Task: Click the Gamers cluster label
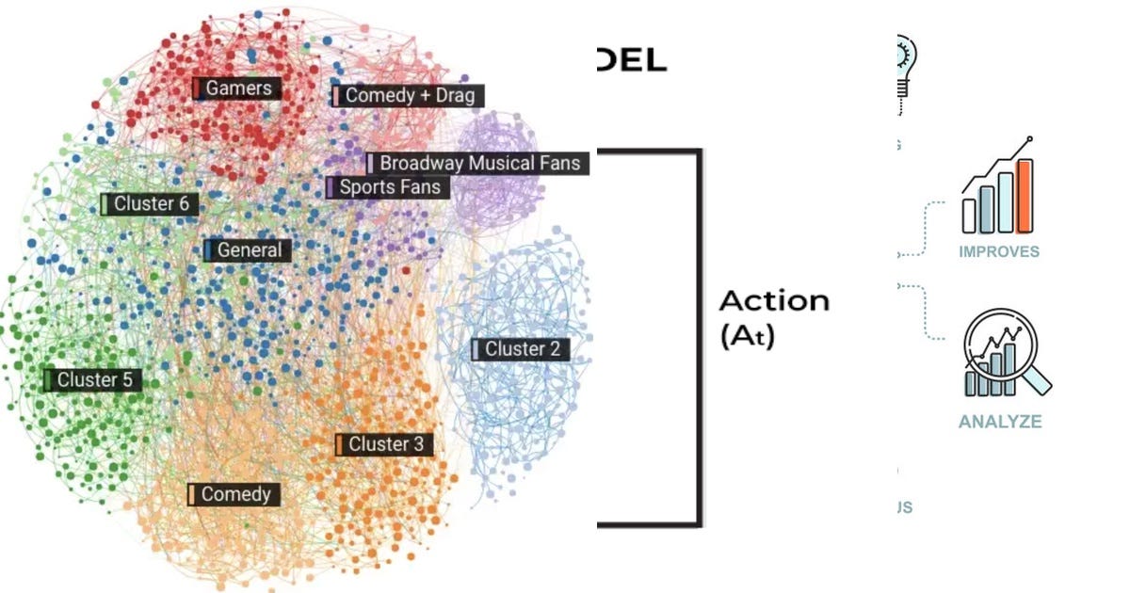[x=237, y=88]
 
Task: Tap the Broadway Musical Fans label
[x=478, y=163]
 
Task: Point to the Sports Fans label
[x=388, y=187]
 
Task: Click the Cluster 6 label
[x=150, y=203]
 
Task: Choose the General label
[x=248, y=250]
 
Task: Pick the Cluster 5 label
[x=94, y=380]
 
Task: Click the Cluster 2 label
[x=521, y=349]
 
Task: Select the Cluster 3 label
[x=384, y=444]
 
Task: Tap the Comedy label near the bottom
[x=234, y=494]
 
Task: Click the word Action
[x=774, y=301]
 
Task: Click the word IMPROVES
[x=999, y=251]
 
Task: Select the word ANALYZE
[x=1000, y=422]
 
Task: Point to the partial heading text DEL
[x=630, y=62]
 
